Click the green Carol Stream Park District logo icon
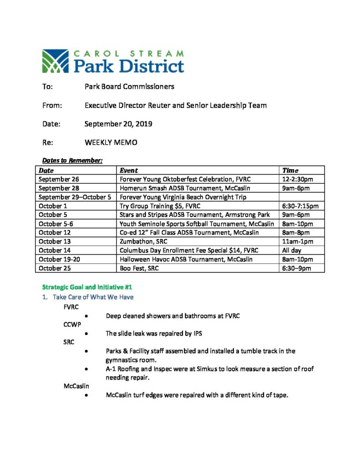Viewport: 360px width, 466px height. [x=55, y=61]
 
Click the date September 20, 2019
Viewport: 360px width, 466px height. [x=118, y=124]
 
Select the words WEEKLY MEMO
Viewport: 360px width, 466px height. [x=111, y=142]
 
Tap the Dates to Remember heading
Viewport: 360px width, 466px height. [x=72, y=161]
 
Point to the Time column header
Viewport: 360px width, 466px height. [x=290, y=170]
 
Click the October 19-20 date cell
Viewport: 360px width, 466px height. [x=59, y=259]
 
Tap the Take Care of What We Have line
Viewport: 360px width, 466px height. [x=93, y=297]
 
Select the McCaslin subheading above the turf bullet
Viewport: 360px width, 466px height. [x=76, y=386]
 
